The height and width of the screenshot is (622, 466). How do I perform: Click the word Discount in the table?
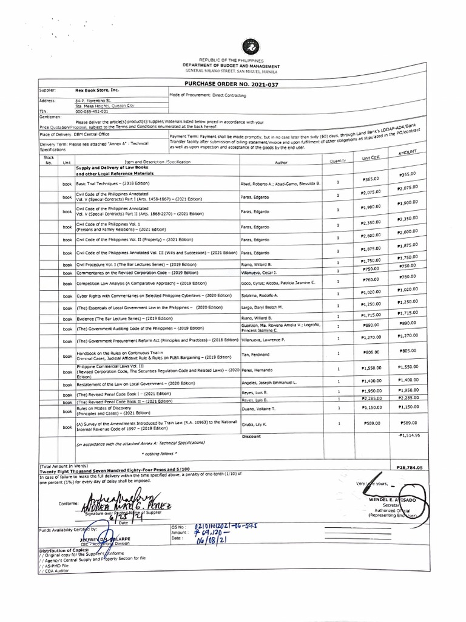click(251, 436)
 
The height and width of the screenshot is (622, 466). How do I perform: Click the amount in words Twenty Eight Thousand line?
click(115, 471)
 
